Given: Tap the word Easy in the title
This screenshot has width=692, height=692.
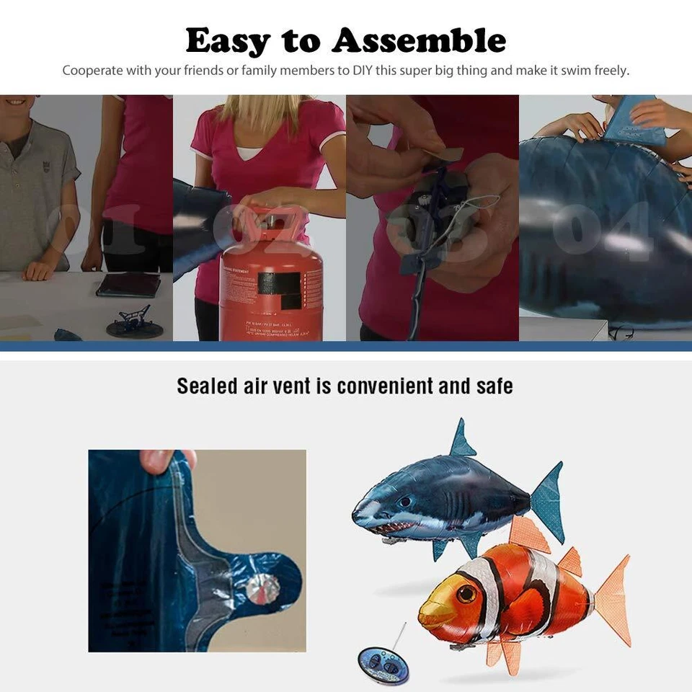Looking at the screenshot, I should [x=228, y=42].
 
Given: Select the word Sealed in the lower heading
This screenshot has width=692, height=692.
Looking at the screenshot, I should [x=207, y=386].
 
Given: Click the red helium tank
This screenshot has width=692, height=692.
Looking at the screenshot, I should [x=271, y=288].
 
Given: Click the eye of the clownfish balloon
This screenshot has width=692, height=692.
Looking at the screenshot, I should [x=466, y=594].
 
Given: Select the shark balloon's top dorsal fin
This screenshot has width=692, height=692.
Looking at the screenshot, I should [x=461, y=440].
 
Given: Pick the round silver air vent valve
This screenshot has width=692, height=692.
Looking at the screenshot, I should [x=263, y=590].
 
